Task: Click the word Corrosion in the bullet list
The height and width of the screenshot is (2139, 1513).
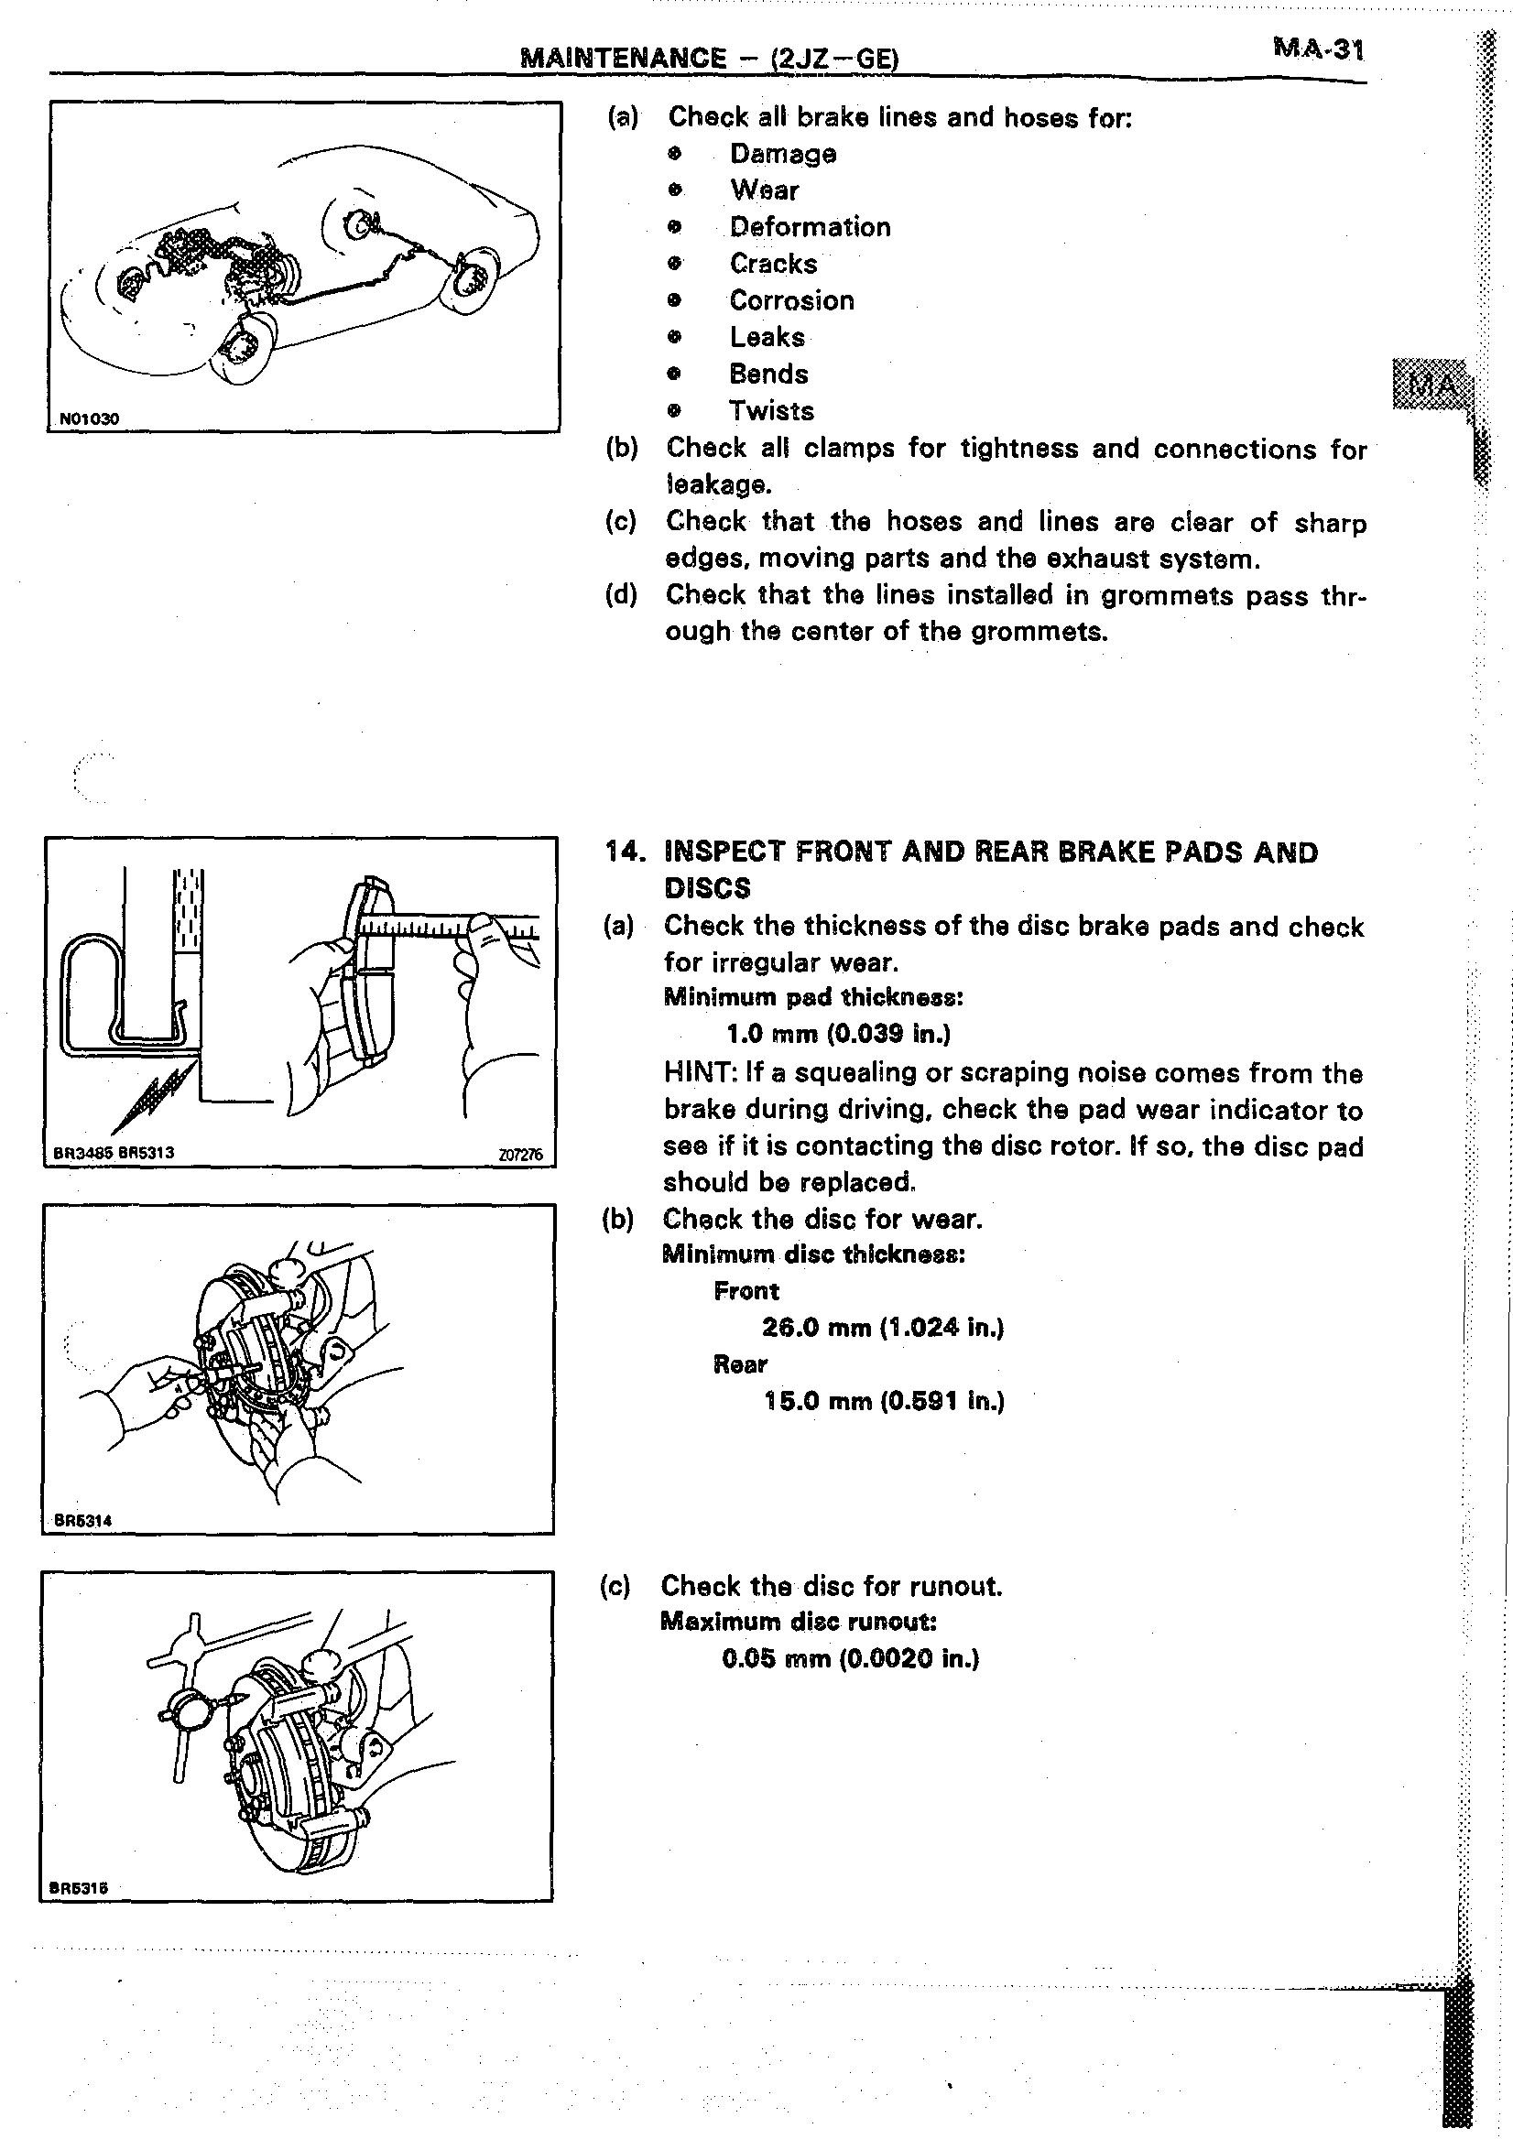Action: point(791,300)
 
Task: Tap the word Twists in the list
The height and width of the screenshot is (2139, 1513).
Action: point(771,410)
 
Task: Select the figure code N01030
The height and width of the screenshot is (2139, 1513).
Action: point(90,419)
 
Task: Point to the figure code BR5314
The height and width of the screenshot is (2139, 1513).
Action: point(83,1520)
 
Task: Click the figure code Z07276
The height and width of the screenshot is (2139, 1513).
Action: point(520,1155)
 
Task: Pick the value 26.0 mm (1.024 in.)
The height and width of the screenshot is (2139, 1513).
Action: point(882,1327)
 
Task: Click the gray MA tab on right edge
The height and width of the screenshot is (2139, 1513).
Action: point(1430,383)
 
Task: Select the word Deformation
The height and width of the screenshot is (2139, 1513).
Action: point(810,226)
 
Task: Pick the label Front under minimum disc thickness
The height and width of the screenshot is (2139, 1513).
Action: point(746,1290)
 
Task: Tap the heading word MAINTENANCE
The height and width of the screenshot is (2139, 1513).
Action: point(624,58)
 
